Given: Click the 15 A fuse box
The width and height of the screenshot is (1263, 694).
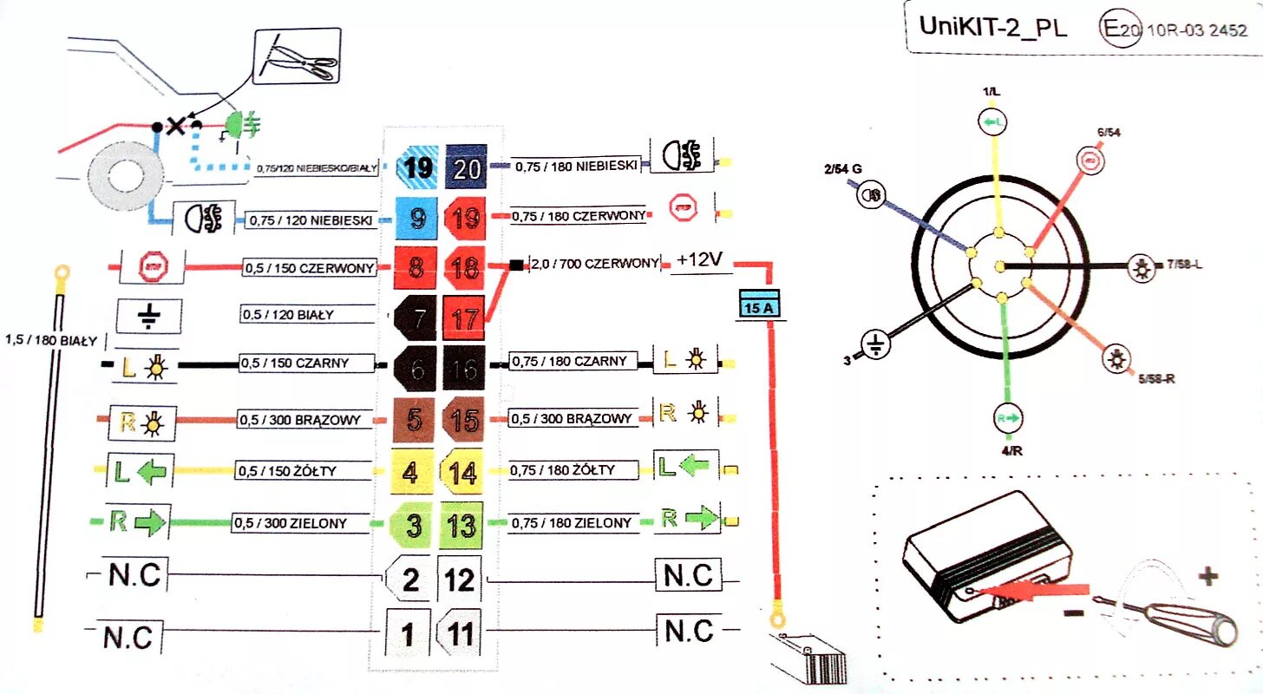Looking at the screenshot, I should pyautogui.click(x=758, y=304).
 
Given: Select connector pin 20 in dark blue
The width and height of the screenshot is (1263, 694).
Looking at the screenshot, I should pyautogui.click(x=467, y=167).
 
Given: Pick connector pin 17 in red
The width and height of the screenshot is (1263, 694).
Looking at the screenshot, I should pyautogui.click(x=465, y=318).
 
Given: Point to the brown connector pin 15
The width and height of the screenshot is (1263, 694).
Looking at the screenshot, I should pyautogui.click(x=465, y=421).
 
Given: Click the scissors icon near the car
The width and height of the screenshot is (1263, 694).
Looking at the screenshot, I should pyautogui.click(x=297, y=58).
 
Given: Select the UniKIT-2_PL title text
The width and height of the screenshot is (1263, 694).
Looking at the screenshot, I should pyautogui.click(x=992, y=27).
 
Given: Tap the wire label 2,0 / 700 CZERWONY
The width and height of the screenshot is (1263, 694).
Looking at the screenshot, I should pyautogui.click(x=594, y=263).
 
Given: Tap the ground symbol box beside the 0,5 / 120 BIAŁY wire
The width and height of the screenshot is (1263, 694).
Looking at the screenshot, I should pyautogui.click(x=147, y=317).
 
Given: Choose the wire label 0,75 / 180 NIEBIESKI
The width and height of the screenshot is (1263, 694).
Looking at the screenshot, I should pyautogui.click(x=576, y=166).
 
